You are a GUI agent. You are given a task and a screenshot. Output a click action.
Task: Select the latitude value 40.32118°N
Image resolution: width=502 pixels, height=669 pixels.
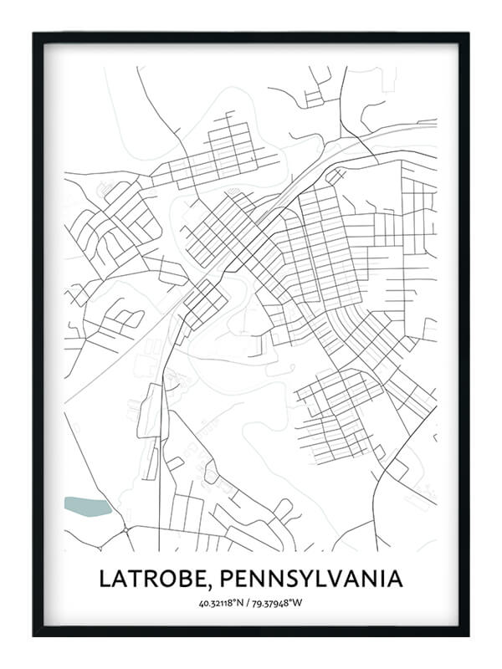coord(222,603)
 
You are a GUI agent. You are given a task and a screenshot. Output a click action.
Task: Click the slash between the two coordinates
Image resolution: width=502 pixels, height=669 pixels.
coord(250,603)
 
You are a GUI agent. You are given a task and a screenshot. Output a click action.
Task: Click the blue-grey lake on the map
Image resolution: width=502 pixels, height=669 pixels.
coord(87,506)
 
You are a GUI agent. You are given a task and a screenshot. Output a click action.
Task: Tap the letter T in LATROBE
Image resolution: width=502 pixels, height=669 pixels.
coord(128,578)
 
